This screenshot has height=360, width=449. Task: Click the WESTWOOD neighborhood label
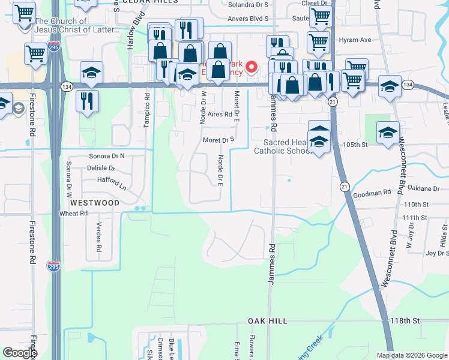pyautogui.click(x=94, y=203)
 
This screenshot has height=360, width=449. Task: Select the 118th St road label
pyautogui.click(x=405, y=321)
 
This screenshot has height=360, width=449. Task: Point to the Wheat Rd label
pyautogui.click(x=73, y=213)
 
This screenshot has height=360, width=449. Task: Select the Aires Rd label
pyautogui.click(x=220, y=113)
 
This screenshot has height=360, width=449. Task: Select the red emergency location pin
pyautogui.click(x=253, y=67)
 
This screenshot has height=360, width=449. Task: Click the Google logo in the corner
pyautogui.click(x=20, y=353)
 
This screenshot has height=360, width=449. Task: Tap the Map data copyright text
pyautogui.click(x=411, y=355)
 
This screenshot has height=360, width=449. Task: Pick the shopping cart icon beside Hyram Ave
pyautogui.click(x=318, y=42)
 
